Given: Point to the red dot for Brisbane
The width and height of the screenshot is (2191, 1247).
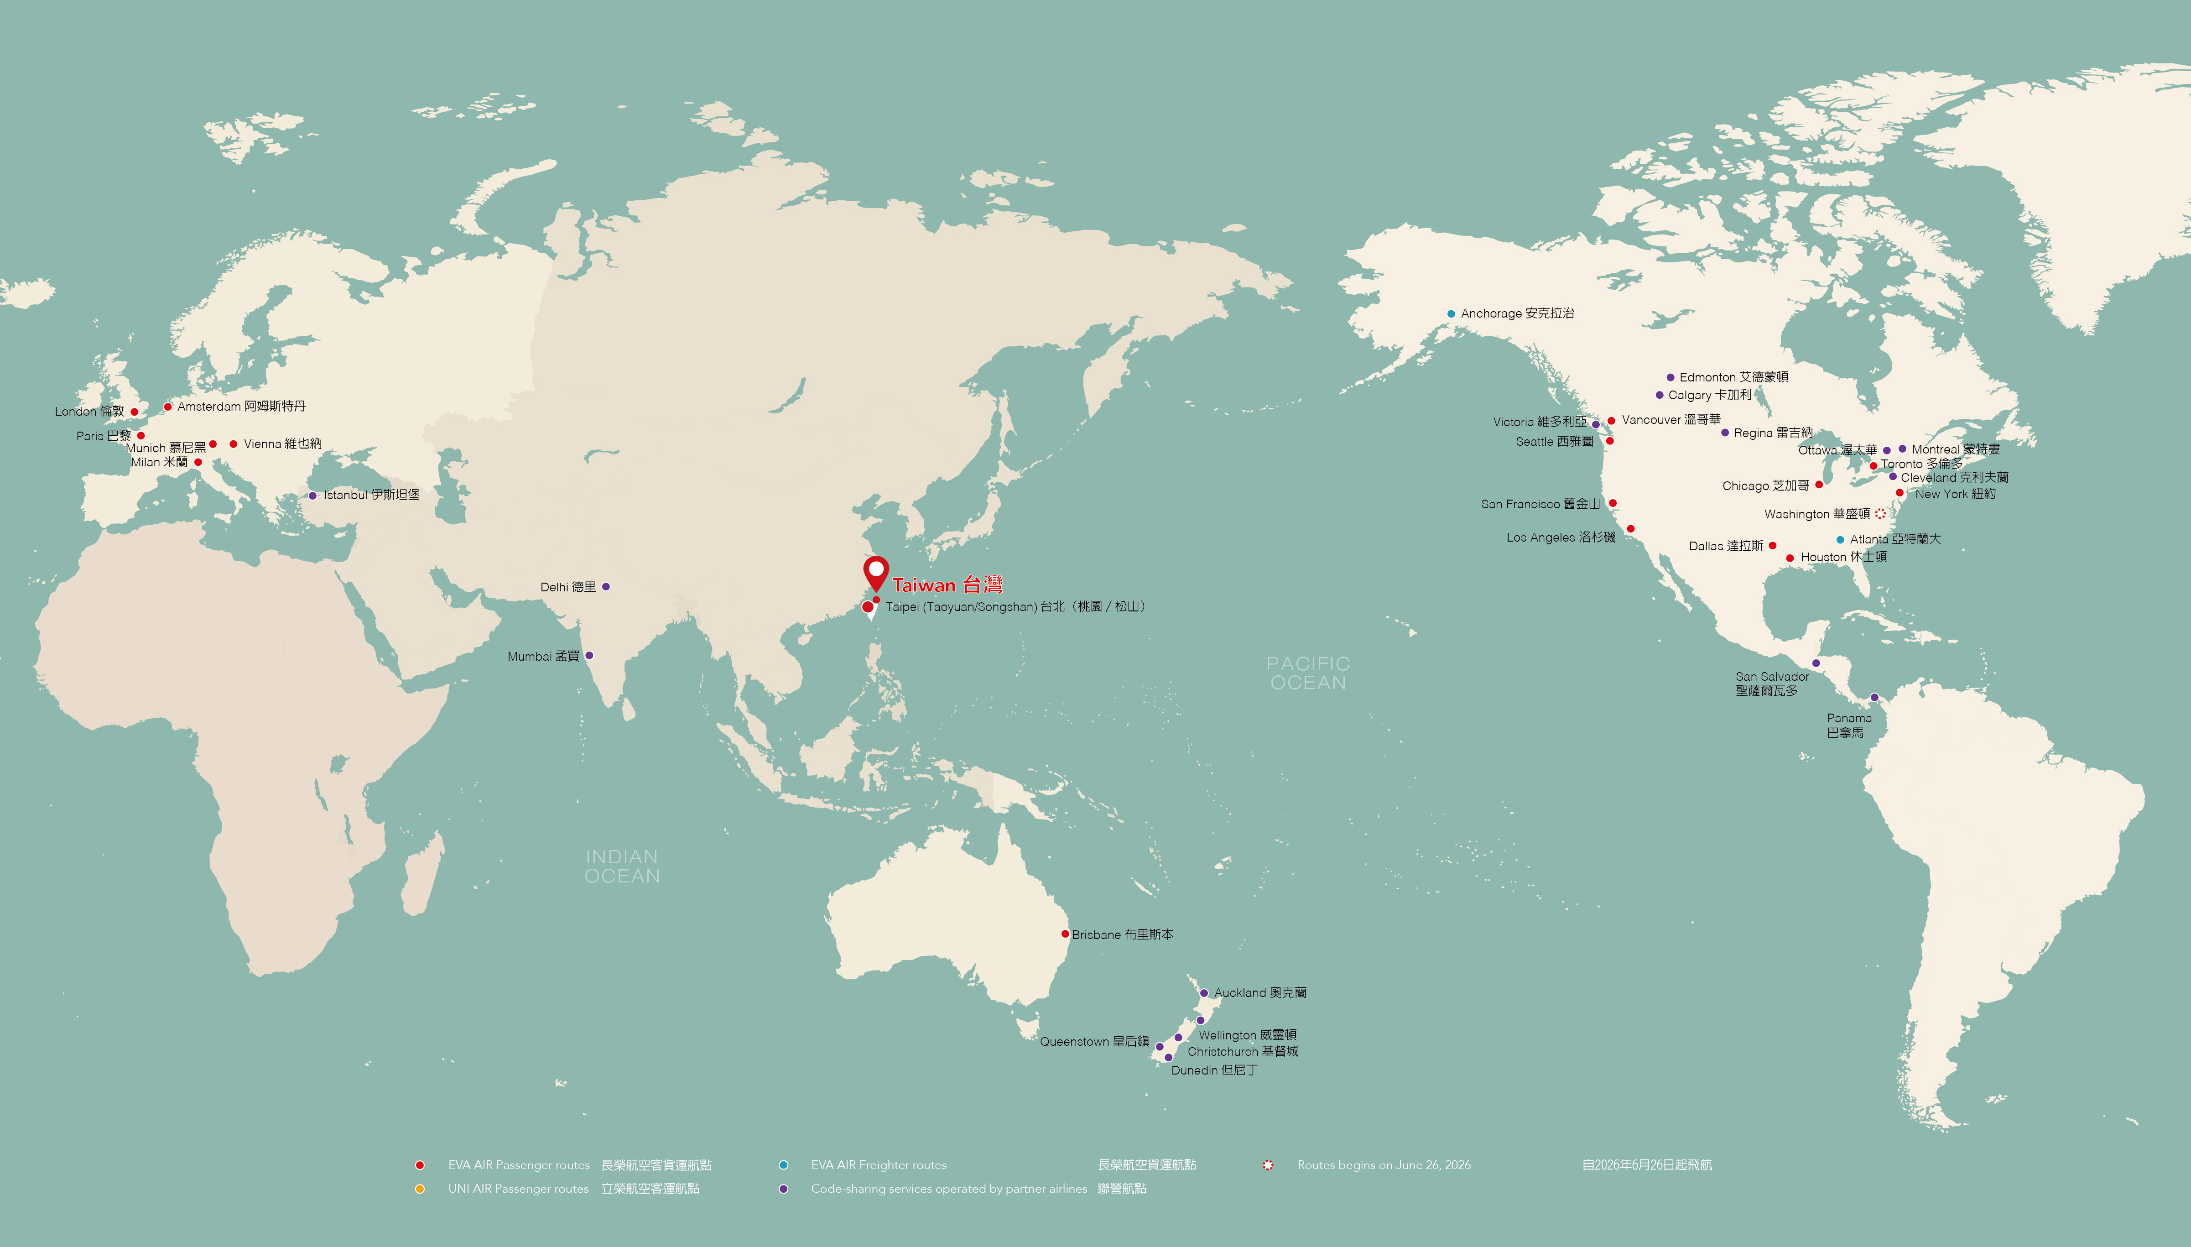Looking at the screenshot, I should (x=1065, y=934).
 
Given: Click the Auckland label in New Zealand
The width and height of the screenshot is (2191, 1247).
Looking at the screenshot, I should (x=1259, y=993).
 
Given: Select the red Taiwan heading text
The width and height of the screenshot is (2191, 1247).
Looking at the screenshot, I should (x=947, y=585).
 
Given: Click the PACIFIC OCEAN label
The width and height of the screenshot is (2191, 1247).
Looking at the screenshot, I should (x=1307, y=673).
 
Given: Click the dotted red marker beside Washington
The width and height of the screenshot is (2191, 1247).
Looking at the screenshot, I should (x=1880, y=514).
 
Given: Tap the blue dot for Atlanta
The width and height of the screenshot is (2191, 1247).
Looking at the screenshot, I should (x=1840, y=540).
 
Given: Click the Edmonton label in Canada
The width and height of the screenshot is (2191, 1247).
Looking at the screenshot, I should (x=1733, y=377).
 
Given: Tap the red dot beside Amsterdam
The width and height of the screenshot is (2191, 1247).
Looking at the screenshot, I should (x=168, y=407).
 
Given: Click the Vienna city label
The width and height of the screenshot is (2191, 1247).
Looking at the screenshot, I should (x=282, y=443).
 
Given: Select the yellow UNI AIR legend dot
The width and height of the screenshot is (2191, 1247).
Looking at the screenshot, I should (x=420, y=1189).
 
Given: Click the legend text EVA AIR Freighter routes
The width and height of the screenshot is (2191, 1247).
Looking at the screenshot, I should (x=879, y=1165).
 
